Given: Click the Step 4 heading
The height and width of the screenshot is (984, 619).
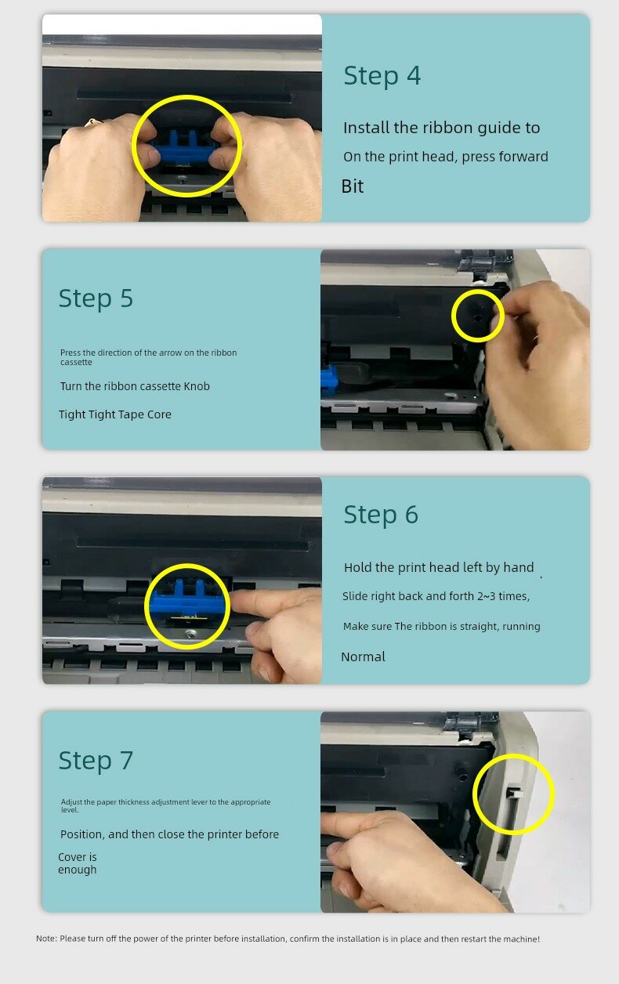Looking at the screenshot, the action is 382,76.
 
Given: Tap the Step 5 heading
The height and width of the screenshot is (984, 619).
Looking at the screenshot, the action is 96,298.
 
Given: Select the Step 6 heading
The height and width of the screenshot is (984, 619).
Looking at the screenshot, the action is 381,515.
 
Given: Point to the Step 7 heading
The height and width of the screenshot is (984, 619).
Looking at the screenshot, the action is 96,761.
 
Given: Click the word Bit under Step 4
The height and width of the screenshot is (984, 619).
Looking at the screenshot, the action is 353,186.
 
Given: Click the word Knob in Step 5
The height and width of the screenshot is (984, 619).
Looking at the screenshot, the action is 197,386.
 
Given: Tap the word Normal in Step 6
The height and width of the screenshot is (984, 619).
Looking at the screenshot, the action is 364,657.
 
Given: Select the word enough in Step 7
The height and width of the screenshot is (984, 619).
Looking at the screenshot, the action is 78,870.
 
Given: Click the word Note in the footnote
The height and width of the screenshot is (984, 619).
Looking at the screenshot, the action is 46,939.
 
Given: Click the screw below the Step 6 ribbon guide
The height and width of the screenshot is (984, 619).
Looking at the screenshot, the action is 190,634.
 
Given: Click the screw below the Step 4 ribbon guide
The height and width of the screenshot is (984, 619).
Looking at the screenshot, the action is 182,179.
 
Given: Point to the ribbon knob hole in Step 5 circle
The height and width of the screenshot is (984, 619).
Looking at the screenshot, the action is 477,317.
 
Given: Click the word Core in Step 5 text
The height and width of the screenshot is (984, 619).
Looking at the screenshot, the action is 159,414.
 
